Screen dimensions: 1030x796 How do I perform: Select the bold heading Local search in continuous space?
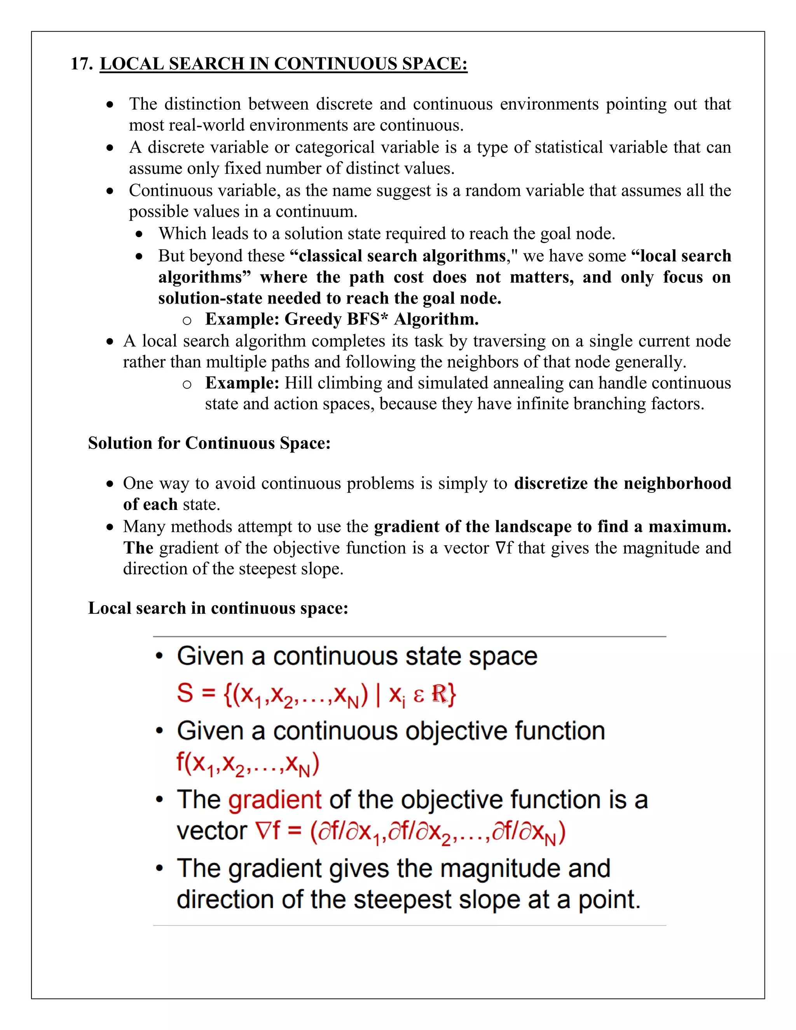(218, 608)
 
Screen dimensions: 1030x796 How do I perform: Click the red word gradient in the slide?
(274, 800)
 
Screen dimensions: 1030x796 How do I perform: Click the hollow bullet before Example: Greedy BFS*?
(187, 321)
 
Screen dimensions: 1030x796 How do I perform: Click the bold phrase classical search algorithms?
(402, 256)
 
